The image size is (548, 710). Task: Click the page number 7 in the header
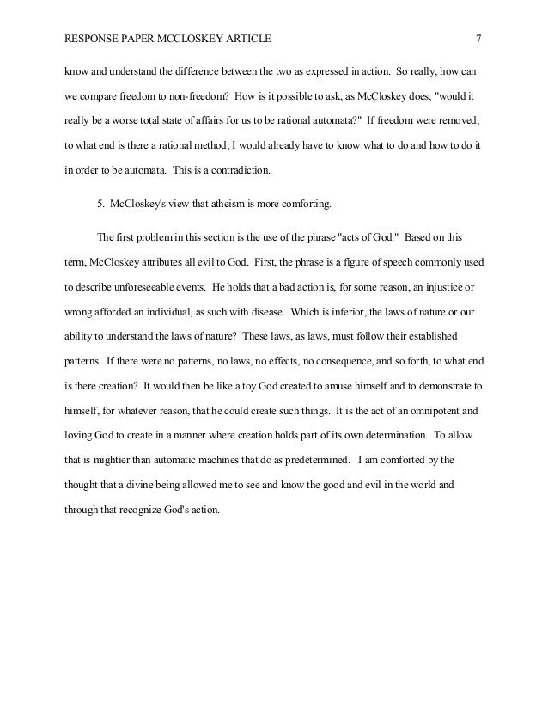tap(479, 37)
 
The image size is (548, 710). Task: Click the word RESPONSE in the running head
tap(95, 37)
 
